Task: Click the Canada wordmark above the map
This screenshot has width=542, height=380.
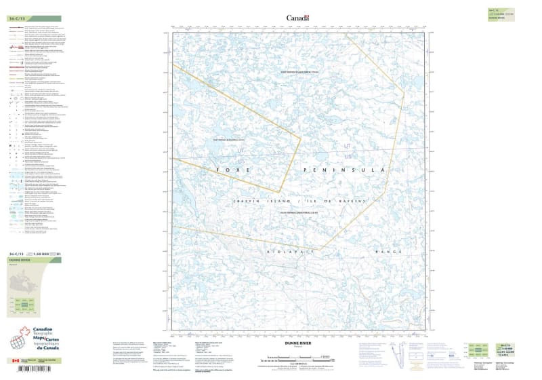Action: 297,18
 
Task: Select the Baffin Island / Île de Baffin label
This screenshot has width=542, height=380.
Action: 299,201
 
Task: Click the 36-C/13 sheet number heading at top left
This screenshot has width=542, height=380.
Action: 18,19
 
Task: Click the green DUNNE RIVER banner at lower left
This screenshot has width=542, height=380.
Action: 32,260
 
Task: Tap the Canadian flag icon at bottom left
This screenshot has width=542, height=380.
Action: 14,361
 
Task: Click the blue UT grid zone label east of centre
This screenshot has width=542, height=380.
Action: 348,147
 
